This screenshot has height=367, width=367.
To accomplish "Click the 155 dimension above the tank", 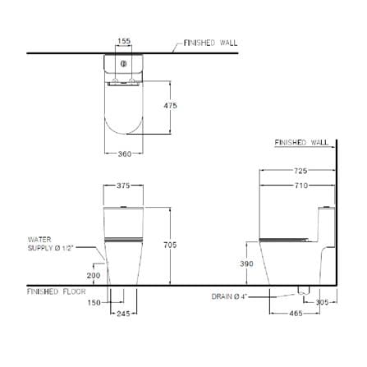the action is [x=124, y=41].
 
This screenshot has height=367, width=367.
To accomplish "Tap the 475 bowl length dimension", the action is [x=171, y=105].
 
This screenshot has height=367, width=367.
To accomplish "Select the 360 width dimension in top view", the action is [x=125, y=154].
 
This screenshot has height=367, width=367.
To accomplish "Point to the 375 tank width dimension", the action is [x=123, y=186].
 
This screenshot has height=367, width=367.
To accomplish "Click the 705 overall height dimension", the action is [x=170, y=245].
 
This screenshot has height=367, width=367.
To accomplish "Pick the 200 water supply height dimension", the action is [x=94, y=275].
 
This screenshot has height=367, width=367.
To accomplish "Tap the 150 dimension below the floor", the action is [x=94, y=303].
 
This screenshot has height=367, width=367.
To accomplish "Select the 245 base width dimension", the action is [x=123, y=314].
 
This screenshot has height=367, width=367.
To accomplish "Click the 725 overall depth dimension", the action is [x=300, y=171].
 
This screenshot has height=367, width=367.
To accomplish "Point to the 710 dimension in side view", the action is [x=301, y=186].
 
